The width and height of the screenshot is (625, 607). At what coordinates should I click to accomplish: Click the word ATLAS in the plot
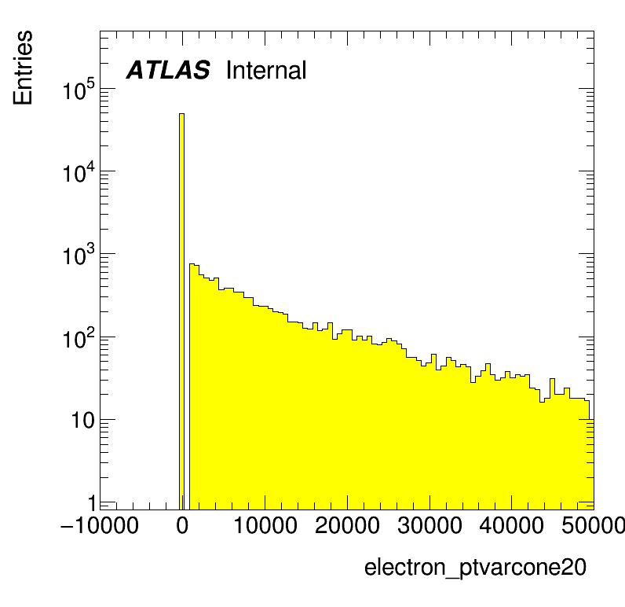[x=168, y=70]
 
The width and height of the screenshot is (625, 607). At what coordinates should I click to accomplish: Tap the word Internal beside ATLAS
[x=266, y=70]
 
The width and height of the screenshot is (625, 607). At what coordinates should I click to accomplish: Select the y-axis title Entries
[x=23, y=68]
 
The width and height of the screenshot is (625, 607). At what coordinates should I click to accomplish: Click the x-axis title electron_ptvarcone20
[x=475, y=567]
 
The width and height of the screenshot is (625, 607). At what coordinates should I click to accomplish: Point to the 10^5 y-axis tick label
[x=79, y=90]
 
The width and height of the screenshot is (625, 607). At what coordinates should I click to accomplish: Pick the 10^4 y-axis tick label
[x=79, y=172]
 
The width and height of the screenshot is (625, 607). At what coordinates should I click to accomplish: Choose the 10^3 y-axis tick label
[x=79, y=255]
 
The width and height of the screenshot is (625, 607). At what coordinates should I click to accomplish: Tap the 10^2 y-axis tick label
[x=79, y=338]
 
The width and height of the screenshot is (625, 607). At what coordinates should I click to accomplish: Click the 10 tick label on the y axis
[x=83, y=421]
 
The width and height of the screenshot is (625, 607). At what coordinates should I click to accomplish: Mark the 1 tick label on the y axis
[x=92, y=503]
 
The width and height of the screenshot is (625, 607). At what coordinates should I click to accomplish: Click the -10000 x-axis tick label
[x=99, y=525]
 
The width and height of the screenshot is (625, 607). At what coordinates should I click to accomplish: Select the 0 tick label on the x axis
[x=182, y=525]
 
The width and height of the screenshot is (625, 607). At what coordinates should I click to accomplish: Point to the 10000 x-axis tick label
[x=265, y=525]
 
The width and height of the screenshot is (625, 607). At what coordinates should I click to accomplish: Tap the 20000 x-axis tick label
[x=347, y=525]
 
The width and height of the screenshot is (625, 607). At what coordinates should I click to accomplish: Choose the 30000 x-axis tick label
[x=429, y=525]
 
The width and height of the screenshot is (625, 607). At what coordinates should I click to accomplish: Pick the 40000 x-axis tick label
[x=512, y=525]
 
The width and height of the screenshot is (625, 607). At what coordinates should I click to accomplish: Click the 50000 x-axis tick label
[x=593, y=525]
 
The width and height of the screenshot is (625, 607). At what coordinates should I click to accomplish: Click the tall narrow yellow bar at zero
[x=181, y=311]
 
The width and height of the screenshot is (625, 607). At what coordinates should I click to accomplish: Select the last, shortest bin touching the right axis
[x=591, y=464]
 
